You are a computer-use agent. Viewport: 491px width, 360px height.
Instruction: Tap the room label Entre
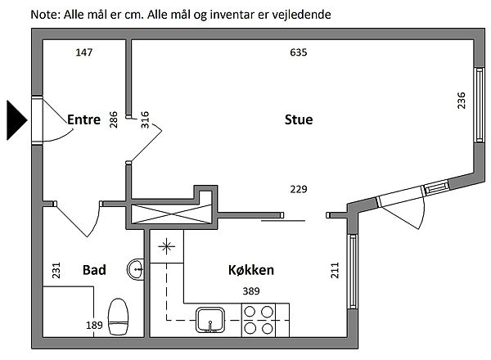(83, 119)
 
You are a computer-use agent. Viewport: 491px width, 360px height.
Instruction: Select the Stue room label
(299, 119)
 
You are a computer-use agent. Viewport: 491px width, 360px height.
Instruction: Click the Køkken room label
(250, 270)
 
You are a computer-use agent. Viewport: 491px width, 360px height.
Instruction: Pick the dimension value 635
(298, 53)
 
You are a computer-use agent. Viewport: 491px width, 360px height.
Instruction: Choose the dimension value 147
(83, 53)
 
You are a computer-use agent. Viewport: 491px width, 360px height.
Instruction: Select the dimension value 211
(335, 271)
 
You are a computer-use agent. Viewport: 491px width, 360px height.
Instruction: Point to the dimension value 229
(298, 190)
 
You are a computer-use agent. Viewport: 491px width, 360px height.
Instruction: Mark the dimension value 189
(95, 325)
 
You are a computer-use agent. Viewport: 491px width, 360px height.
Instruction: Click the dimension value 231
(56, 270)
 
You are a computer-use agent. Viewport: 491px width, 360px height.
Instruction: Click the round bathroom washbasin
(137, 268)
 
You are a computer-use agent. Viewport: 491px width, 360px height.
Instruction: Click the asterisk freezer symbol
(167, 245)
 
